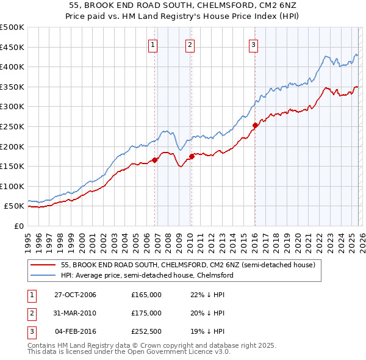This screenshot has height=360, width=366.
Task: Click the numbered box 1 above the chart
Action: pos(152,44)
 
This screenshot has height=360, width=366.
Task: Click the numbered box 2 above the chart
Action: pos(190,44)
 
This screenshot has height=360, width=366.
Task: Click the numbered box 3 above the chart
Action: pos(253,44)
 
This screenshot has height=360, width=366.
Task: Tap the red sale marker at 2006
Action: pos(155,160)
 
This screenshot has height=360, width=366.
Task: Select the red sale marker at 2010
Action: pos(192,156)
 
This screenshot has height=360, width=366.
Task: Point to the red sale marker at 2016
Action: pos(254,126)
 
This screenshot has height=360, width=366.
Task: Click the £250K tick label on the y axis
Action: pos(12,126)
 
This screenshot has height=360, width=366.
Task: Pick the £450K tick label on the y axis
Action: pos(12,47)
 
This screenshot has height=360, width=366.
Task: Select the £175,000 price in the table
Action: pos(146,313)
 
